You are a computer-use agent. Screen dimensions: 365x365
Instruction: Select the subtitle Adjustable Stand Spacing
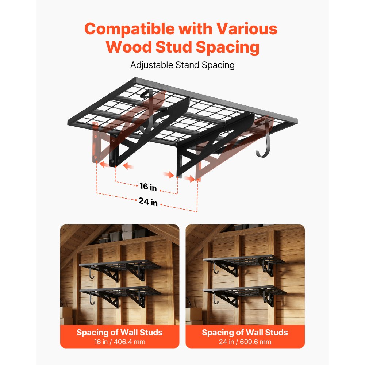point(182,65)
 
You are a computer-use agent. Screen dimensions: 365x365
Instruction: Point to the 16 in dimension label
point(148,187)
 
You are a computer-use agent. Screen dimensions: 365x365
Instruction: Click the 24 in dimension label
point(148,201)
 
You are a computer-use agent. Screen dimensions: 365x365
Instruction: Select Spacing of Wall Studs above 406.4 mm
point(119,332)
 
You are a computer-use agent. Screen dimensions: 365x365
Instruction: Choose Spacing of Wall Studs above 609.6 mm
point(245,332)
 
